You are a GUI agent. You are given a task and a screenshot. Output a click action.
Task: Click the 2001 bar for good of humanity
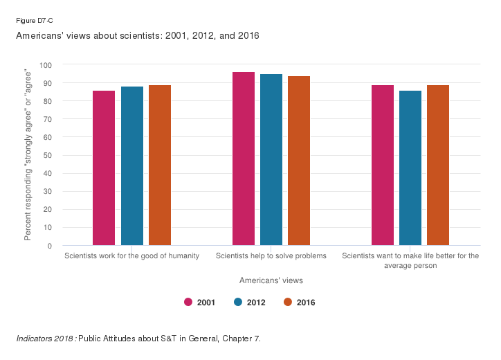pyautogui.click(x=104, y=168)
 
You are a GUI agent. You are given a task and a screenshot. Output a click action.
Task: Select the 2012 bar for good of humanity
pyautogui.click(x=131, y=166)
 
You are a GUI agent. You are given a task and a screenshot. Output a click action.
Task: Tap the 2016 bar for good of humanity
pyautogui.click(x=160, y=165)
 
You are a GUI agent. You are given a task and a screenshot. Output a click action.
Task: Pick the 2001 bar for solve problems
pyautogui.click(x=244, y=159)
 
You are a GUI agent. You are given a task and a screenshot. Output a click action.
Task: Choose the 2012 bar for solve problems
pyautogui.click(x=271, y=160)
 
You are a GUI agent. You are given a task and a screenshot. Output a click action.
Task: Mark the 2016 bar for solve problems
pyautogui.click(x=299, y=161)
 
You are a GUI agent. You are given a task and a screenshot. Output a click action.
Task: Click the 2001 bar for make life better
pyautogui.click(x=383, y=165)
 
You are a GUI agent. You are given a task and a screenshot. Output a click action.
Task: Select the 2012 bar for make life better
pyautogui.click(x=410, y=168)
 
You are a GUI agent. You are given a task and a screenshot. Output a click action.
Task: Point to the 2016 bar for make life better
pyautogui.click(x=438, y=165)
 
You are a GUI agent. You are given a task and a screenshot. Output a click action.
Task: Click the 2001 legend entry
pyautogui.click(x=199, y=302)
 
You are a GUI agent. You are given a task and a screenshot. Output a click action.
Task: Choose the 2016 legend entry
pyautogui.click(x=300, y=302)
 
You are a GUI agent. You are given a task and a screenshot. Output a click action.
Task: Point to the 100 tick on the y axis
pyautogui.click(x=46, y=65)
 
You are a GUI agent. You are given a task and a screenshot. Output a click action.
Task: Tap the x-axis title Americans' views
pyautogui.click(x=271, y=280)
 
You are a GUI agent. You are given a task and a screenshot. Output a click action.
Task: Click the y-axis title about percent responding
pyautogui.click(x=28, y=155)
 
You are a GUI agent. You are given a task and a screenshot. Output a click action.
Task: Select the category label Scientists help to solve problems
pyautogui.click(x=271, y=256)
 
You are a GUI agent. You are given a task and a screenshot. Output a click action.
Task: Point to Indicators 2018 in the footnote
pyautogui.click(x=46, y=339)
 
